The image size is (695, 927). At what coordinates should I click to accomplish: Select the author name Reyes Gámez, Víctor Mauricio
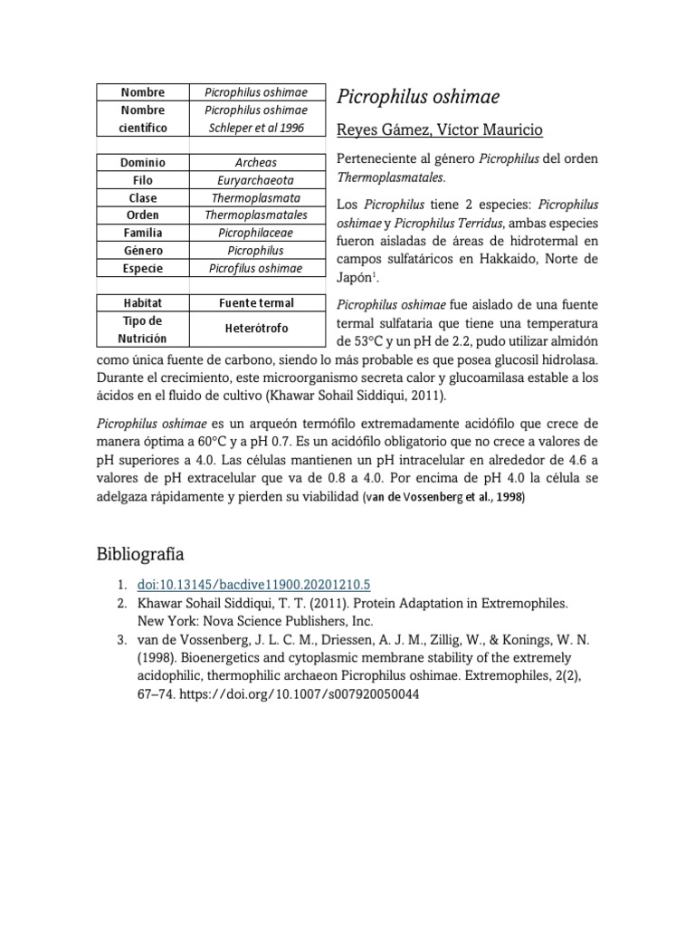pos(439,129)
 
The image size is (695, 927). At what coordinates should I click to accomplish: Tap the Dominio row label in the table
pos(143,163)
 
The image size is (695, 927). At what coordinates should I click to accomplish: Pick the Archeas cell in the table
pos(256,163)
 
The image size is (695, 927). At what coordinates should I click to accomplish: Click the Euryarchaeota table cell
pos(256,180)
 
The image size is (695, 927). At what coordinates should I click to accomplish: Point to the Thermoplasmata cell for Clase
pos(256,197)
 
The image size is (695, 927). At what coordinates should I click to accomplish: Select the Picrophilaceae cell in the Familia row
pos(256,233)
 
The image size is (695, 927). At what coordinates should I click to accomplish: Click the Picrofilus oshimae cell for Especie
pos(256,268)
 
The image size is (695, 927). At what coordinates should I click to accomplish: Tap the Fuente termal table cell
pos(256,302)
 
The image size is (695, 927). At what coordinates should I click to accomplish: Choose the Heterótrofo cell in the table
pos(256,328)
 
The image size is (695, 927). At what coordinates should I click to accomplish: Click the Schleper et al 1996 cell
pos(256,128)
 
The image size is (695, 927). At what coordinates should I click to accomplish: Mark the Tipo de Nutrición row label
pos(143,328)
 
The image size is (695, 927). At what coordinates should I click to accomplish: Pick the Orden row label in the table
pos(143,215)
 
